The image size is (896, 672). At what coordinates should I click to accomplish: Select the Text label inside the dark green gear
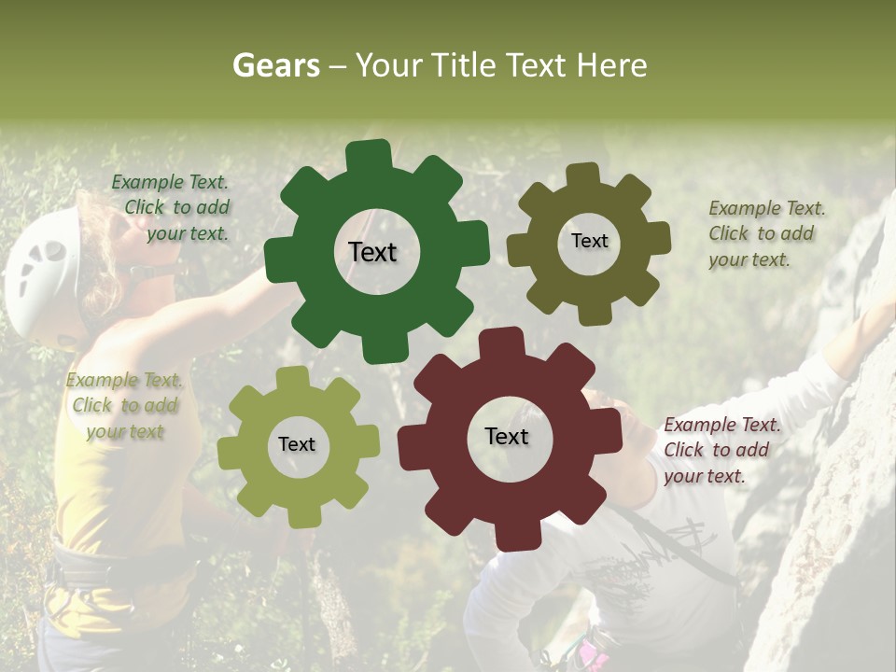pos(372,252)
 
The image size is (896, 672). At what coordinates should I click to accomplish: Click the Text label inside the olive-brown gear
pos(589,241)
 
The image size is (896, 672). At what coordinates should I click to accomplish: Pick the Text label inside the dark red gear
pos(507,436)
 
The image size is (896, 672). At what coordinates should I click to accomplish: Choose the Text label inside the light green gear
pos(297,444)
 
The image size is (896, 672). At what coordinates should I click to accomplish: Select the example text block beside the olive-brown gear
pos(766,233)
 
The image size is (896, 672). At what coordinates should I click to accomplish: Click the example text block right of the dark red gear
pos(721,450)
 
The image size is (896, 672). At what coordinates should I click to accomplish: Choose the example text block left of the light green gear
pos(124,405)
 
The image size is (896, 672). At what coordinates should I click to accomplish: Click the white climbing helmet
pos(42,275)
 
